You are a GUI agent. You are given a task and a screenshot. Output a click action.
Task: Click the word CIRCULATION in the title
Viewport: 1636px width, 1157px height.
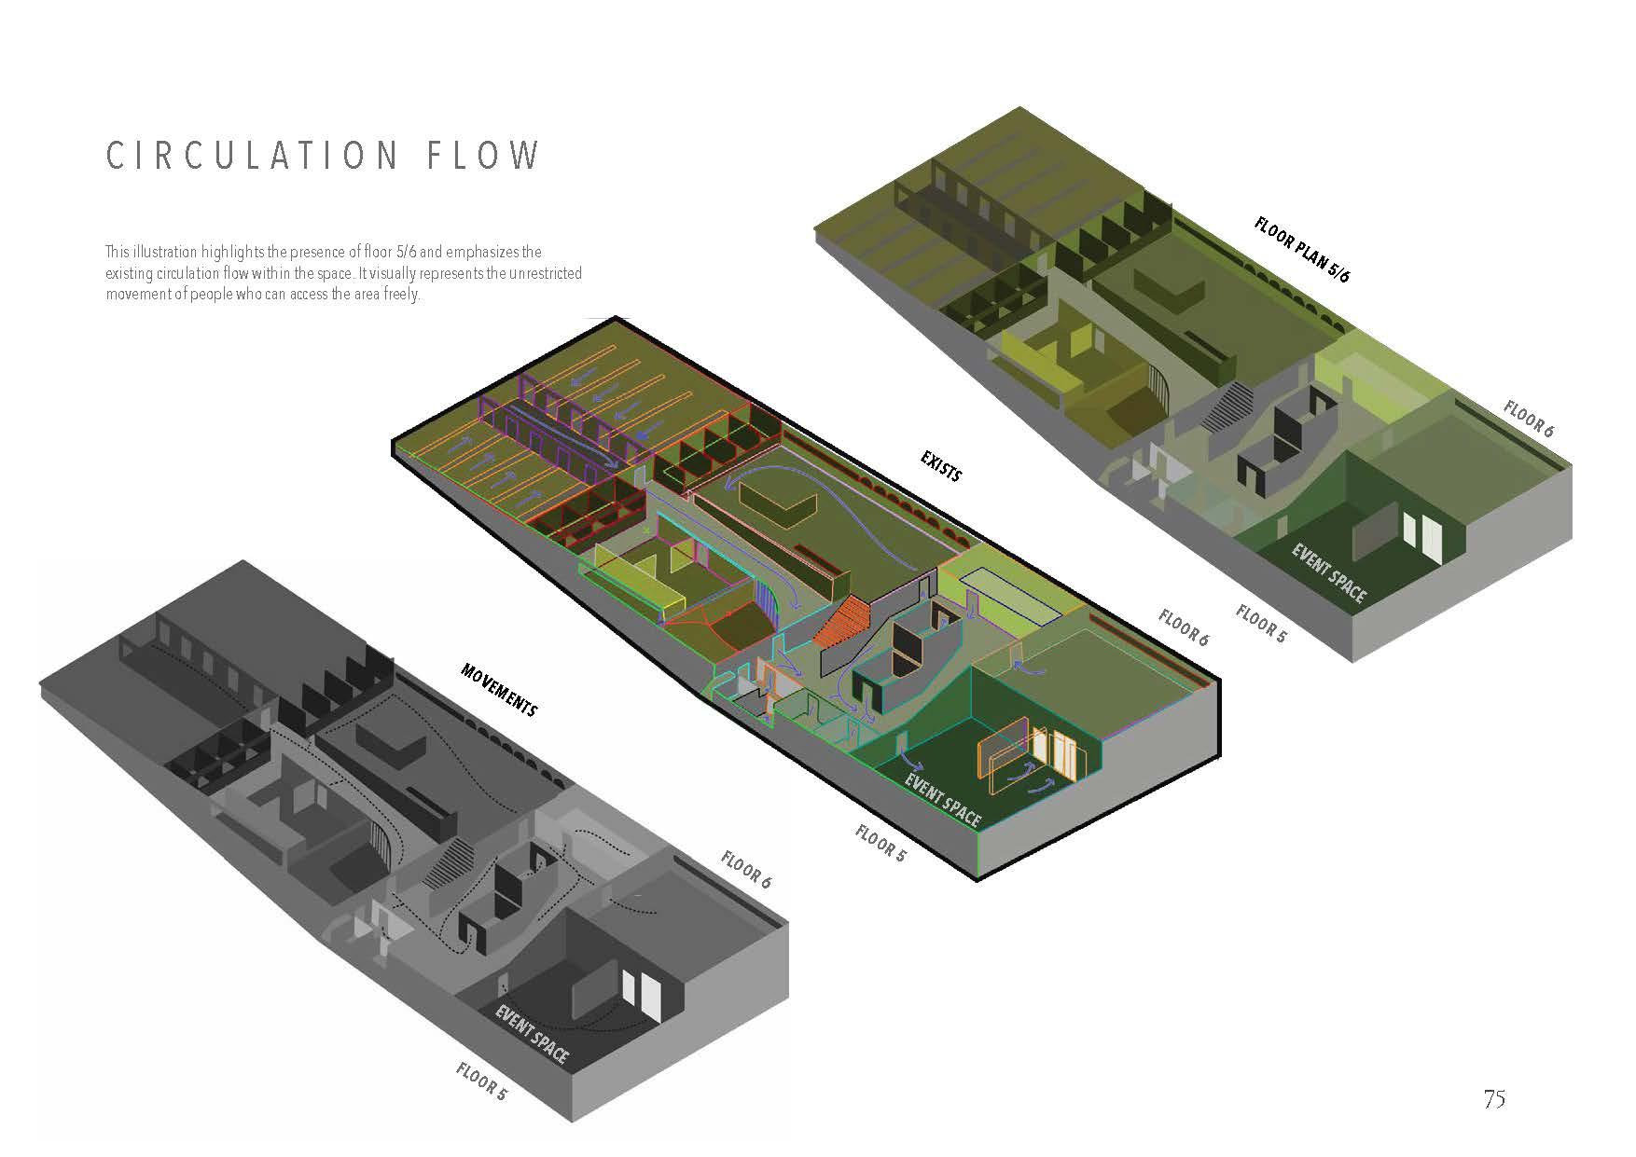[252, 156]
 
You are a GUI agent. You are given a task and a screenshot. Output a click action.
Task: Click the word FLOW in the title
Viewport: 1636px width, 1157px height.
[483, 156]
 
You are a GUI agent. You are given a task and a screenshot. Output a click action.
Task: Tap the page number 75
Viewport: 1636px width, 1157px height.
[1494, 1099]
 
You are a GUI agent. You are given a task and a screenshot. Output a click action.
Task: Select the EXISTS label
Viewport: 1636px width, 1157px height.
[940, 465]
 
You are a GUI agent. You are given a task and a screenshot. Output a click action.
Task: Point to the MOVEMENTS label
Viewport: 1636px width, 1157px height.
[499, 690]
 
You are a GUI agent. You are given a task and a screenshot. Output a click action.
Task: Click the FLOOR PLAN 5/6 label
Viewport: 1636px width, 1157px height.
[1302, 249]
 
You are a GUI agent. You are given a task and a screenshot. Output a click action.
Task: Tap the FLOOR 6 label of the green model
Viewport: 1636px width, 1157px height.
[1529, 420]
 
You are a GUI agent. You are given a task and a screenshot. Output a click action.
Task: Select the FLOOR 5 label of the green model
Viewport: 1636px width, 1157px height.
[1261, 623]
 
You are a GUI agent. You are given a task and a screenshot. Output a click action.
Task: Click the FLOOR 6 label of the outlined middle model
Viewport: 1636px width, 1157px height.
[1184, 627]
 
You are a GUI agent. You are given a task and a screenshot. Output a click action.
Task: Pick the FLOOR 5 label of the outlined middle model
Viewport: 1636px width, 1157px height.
[880, 843]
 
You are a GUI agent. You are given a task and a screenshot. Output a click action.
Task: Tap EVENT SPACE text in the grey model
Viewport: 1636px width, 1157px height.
[532, 1034]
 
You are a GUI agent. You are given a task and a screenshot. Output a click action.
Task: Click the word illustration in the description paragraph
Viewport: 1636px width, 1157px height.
[179, 253]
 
